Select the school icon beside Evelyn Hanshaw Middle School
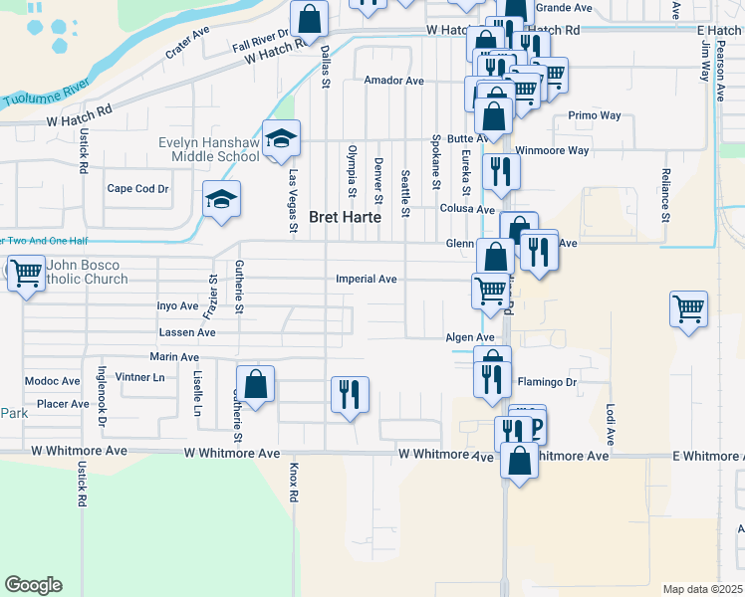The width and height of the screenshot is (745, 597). [282, 138]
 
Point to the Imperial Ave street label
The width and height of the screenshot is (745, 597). [367, 280]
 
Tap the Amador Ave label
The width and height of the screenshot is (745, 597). [394, 81]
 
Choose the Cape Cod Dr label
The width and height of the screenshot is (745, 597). [138, 188]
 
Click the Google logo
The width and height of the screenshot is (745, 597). [33, 585]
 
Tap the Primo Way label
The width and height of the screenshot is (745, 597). [595, 115]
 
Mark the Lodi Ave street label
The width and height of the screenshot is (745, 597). [610, 424]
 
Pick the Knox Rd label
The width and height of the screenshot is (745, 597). [294, 482]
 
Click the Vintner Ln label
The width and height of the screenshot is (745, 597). [140, 378]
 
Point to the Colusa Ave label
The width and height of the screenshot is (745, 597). [467, 209]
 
